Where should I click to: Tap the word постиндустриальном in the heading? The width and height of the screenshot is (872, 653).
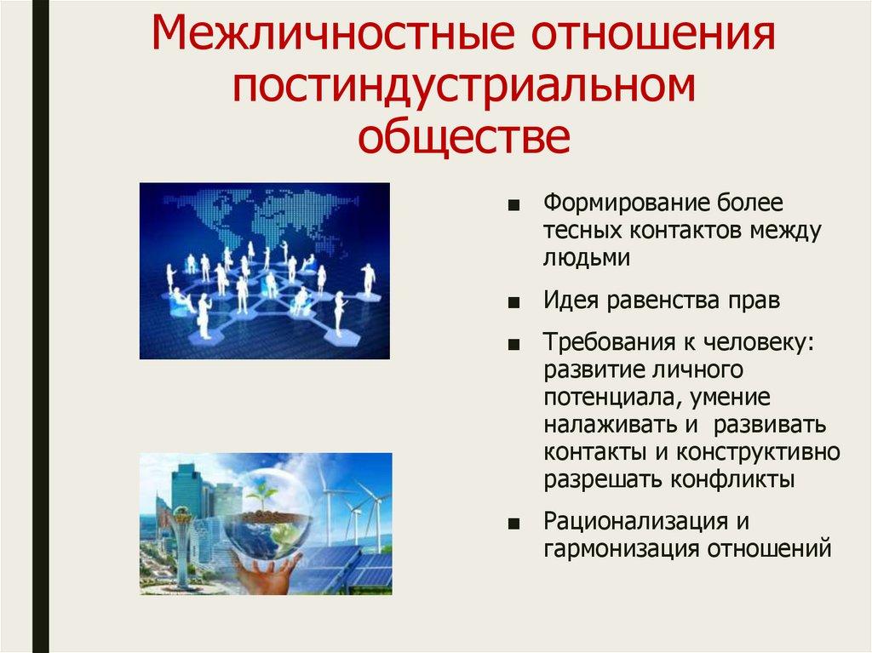click(464, 86)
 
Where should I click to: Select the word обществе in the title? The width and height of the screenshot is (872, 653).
click(464, 136)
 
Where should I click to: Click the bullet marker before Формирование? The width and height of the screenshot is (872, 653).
click(513, 205)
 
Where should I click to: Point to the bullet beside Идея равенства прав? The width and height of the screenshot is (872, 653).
click(513, 302)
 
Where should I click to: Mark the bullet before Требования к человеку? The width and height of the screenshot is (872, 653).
click(513, 345)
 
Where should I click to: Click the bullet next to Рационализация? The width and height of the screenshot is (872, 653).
click(513, 524)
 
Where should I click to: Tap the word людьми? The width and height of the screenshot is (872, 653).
click(587, 258)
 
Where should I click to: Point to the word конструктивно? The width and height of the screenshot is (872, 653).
click(758, 451)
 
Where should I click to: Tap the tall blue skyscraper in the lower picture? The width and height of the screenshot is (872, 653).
click(189, 489)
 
